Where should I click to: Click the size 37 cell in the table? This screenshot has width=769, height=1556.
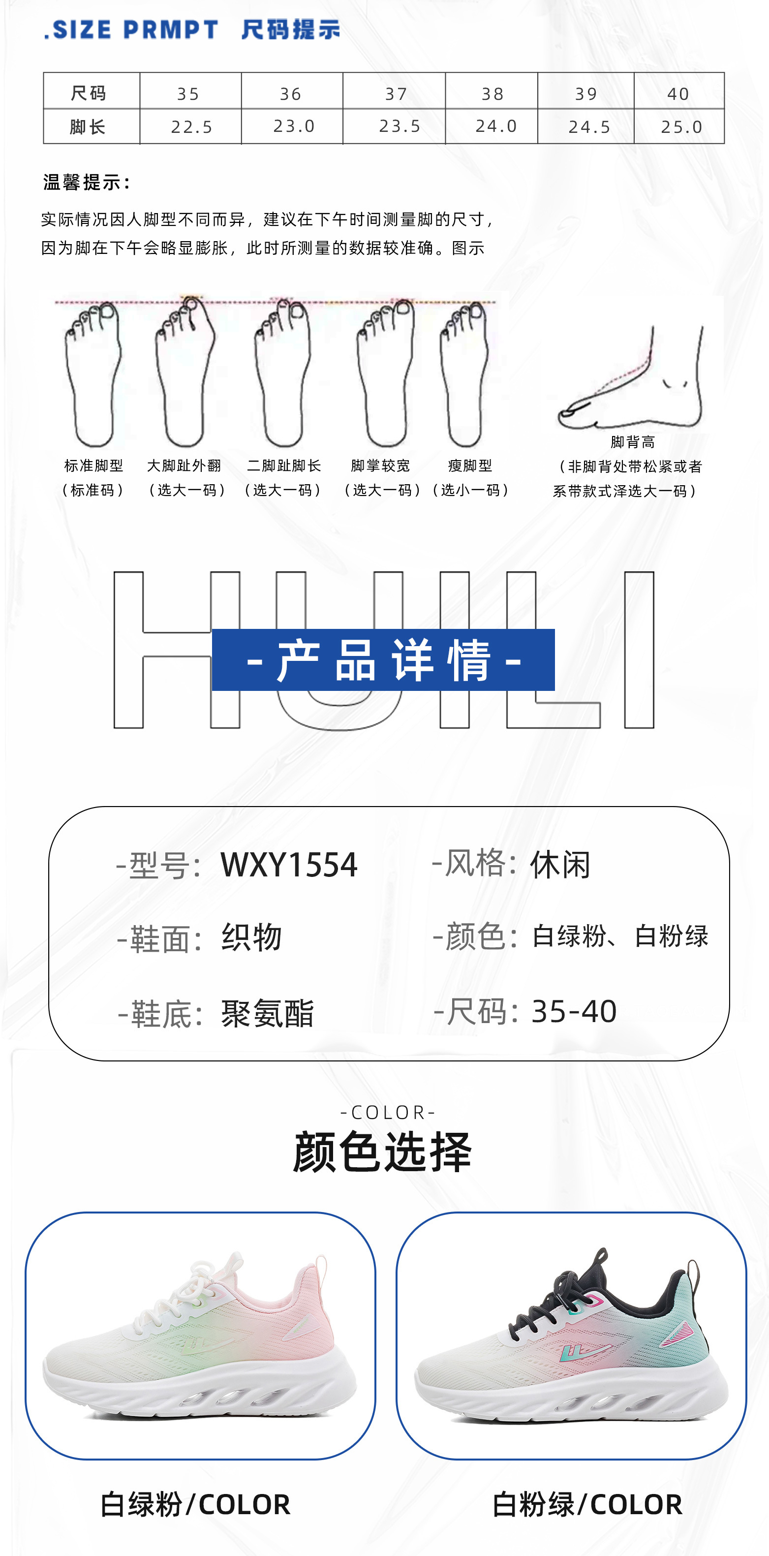coord(396,93)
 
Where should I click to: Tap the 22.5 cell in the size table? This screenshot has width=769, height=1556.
coord(191,127)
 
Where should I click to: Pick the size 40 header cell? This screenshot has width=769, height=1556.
coord(678,93)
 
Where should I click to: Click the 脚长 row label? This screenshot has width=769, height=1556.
coord(88,127)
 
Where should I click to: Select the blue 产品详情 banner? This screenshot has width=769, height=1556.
coord(383,659)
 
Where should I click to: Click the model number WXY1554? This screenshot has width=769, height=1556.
coord(289,865)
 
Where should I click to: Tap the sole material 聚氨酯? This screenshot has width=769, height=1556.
coord(267,1013)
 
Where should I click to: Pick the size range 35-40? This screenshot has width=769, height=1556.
coord(574,1011)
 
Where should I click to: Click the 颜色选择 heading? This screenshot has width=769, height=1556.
coord(382,1152)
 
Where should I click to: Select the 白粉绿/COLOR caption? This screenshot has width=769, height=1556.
coord(587,1504)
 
